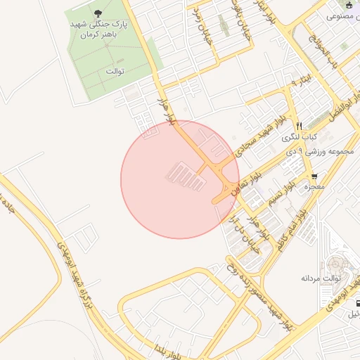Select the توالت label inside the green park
coord(115,71)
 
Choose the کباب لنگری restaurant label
coord(304,136)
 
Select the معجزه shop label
coord(314,188)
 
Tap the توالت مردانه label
coord(321,278)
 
